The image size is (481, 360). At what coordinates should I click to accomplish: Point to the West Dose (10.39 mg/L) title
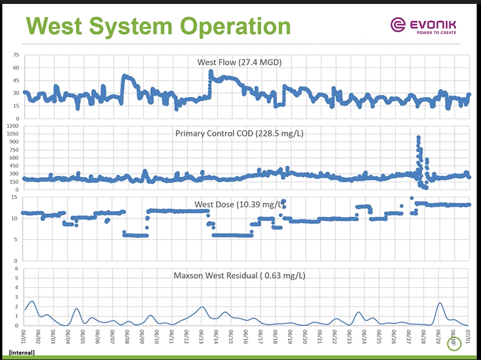(241, 204)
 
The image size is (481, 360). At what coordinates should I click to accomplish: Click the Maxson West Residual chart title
(239, 276)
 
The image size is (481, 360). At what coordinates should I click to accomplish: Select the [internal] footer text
(22, 353)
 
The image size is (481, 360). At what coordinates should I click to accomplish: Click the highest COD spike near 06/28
(419, 138)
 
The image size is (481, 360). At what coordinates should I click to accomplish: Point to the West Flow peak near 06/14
(211, 71)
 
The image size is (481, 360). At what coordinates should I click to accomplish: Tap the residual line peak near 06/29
(440, 303)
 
